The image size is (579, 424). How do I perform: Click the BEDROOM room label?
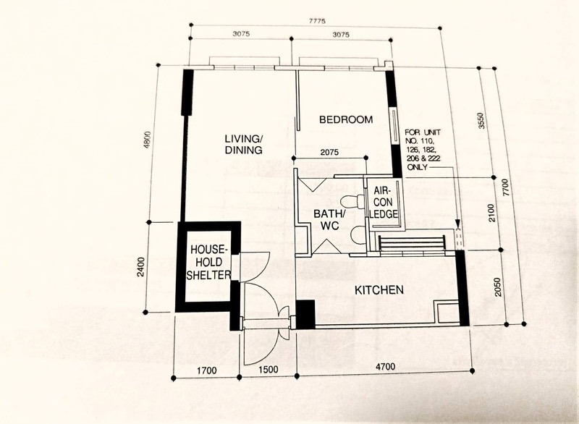click(x=346, y=119)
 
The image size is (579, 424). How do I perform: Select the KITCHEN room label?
click(x=378, y=290)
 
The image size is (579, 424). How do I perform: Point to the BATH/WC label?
click(x=329, y=220)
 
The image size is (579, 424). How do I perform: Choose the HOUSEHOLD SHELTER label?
click(x=209, y=262)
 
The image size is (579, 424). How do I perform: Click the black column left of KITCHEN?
click(x=306, y=313)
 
